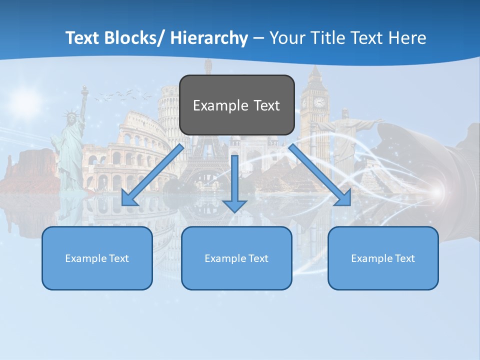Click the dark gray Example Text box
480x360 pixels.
(236, 105)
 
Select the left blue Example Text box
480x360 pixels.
(97, 258)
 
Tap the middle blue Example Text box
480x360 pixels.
(236, 258)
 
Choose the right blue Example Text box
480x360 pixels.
(383, 258)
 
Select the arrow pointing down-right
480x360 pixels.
(320, 175)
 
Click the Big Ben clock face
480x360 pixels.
(319, 102)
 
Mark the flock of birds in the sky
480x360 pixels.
(122, 94)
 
